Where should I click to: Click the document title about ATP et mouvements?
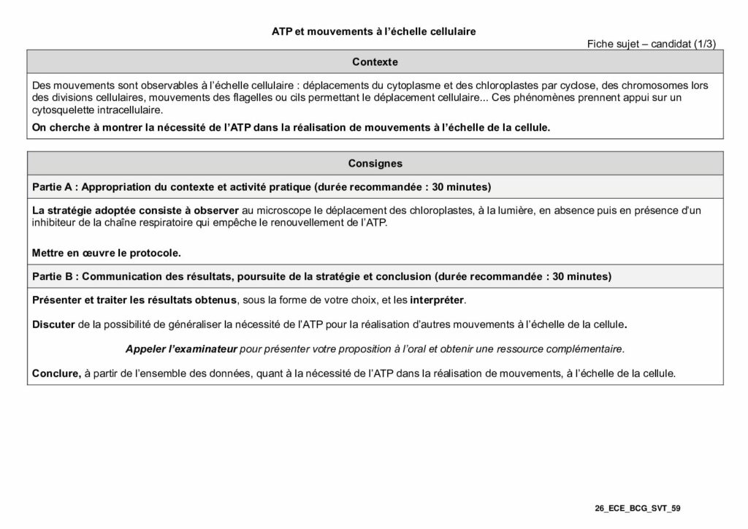pos(373,31)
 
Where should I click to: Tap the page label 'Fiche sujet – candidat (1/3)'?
pos(652,44)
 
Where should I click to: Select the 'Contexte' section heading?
pos(375,62)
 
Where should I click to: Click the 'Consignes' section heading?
pos(375,164)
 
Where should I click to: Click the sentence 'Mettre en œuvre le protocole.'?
pos(107,253)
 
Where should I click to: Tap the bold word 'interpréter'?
pos(437,300)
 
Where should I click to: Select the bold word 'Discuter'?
pos(53,324)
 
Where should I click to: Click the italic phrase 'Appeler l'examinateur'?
pos(182,349)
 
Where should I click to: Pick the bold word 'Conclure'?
pos(56,373)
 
